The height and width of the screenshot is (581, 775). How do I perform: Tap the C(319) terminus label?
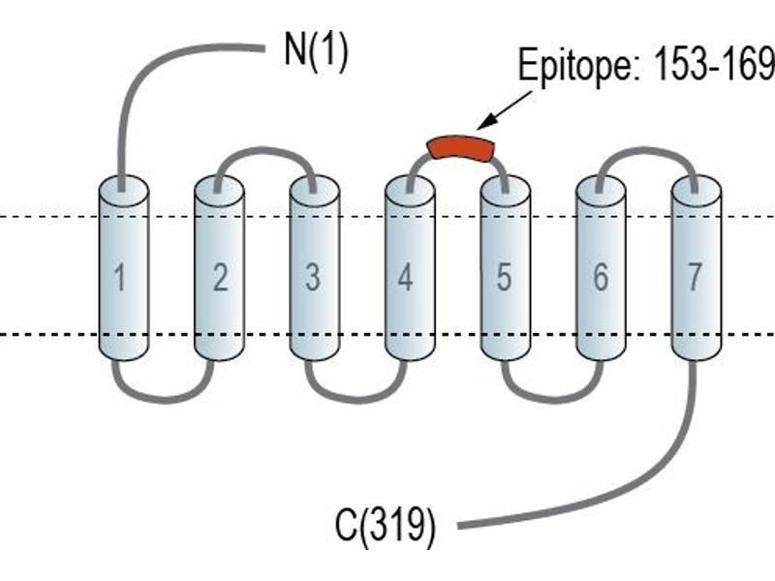(386, 527)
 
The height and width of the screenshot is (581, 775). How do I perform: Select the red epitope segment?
(461, 148)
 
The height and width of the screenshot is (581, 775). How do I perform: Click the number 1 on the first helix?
(120, 277)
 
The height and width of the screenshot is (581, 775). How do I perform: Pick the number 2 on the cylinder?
(221, 277)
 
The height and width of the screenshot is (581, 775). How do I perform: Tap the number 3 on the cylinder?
(313, 277)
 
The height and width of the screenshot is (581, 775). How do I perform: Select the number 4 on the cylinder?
(405, 277)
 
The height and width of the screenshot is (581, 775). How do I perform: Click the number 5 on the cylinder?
(504, 277)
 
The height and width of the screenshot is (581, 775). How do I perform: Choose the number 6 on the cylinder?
(600, 277)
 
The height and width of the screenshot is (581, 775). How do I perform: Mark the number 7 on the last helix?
(695, 277)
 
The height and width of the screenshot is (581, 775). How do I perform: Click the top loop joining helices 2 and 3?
(264, 149)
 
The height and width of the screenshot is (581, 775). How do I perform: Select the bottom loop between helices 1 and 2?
(165, 399)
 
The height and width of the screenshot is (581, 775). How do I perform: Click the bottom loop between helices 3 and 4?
(356, 399)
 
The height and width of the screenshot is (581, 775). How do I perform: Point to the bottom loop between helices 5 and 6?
(552, 399)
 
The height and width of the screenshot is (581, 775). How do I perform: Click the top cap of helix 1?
(124, 191)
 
